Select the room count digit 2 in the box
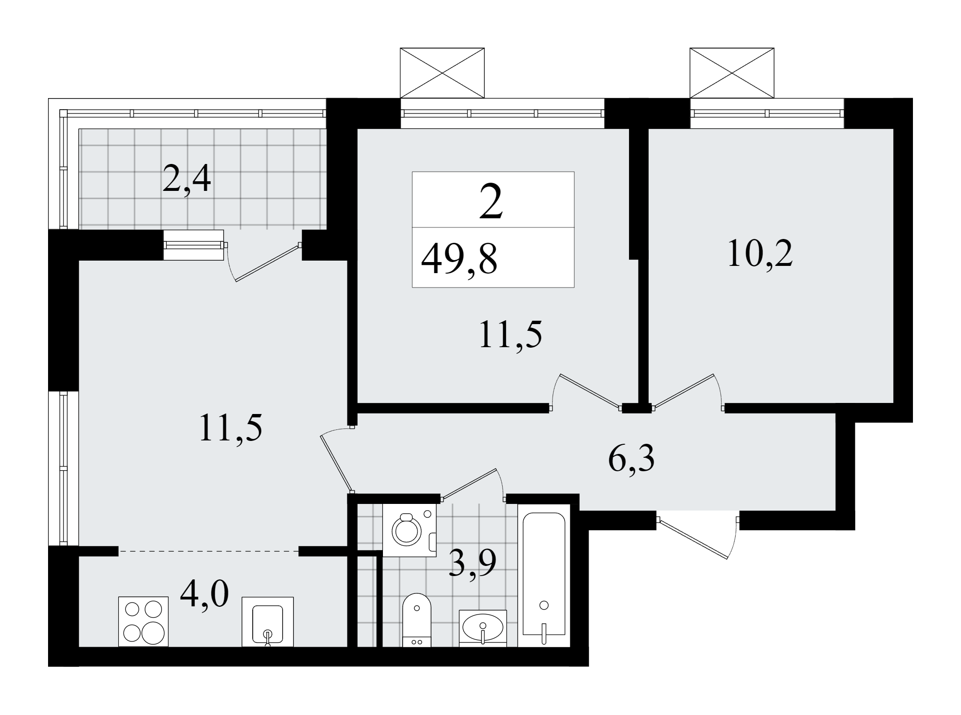click(x=491, y=202)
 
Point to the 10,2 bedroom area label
click(x=760, y=253)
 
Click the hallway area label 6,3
click(x=631, y=459)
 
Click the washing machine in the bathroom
click(x=409, y=530)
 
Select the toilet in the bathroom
click(x=417, y=620)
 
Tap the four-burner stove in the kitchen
click(x=143, y=622)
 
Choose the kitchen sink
click(x=268, y=622)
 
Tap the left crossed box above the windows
click(x=442, y=73)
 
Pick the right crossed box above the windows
click(x=732, y=73)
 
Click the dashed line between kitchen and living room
click(x=209, y=551)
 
